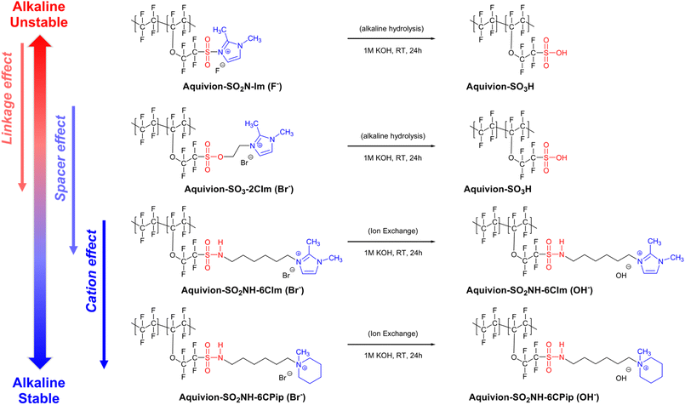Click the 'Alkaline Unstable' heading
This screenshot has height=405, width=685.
coord(39,14)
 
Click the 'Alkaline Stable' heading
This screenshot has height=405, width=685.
coord(39,391)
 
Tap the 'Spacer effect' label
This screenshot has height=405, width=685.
coord(60,158)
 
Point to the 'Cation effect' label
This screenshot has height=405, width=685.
coord(91,271)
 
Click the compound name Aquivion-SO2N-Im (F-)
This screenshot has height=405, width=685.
coord(232,87)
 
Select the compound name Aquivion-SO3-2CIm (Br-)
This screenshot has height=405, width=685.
coord(238,189)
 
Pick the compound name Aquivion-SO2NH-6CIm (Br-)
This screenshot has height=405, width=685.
coord(243,290)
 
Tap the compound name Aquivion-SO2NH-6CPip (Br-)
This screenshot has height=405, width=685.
coord(242,397)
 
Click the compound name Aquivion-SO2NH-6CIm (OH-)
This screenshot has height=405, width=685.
coord(529,290)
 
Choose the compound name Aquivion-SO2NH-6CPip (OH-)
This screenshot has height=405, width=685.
coord(534,397)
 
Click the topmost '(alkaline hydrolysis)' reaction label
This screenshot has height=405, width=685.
coord(391,29)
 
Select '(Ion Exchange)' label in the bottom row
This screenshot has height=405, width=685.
coord(393,334)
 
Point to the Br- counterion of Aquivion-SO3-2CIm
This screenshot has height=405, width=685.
coord(247,161)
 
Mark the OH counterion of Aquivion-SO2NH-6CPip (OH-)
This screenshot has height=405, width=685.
coord(623,375)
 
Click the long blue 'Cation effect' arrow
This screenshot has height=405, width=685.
coord(104,294)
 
